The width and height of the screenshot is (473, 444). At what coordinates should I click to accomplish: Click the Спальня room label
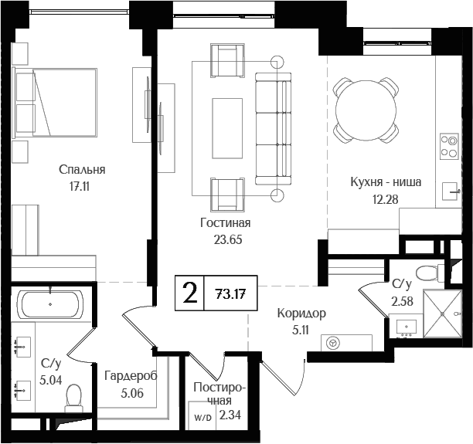pyautogui.click(x=81, y=170)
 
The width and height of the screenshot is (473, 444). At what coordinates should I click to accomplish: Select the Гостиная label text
pyautogui.click(x=226, y=223)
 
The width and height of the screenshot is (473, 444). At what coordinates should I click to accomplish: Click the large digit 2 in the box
pyautogui.click(x=188, y=293)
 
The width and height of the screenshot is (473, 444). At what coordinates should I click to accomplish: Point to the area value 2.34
pyautogui.click(x=230, y=415)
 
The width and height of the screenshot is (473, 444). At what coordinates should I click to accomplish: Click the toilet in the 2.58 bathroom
pyautogui.click(x=424, y=273)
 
